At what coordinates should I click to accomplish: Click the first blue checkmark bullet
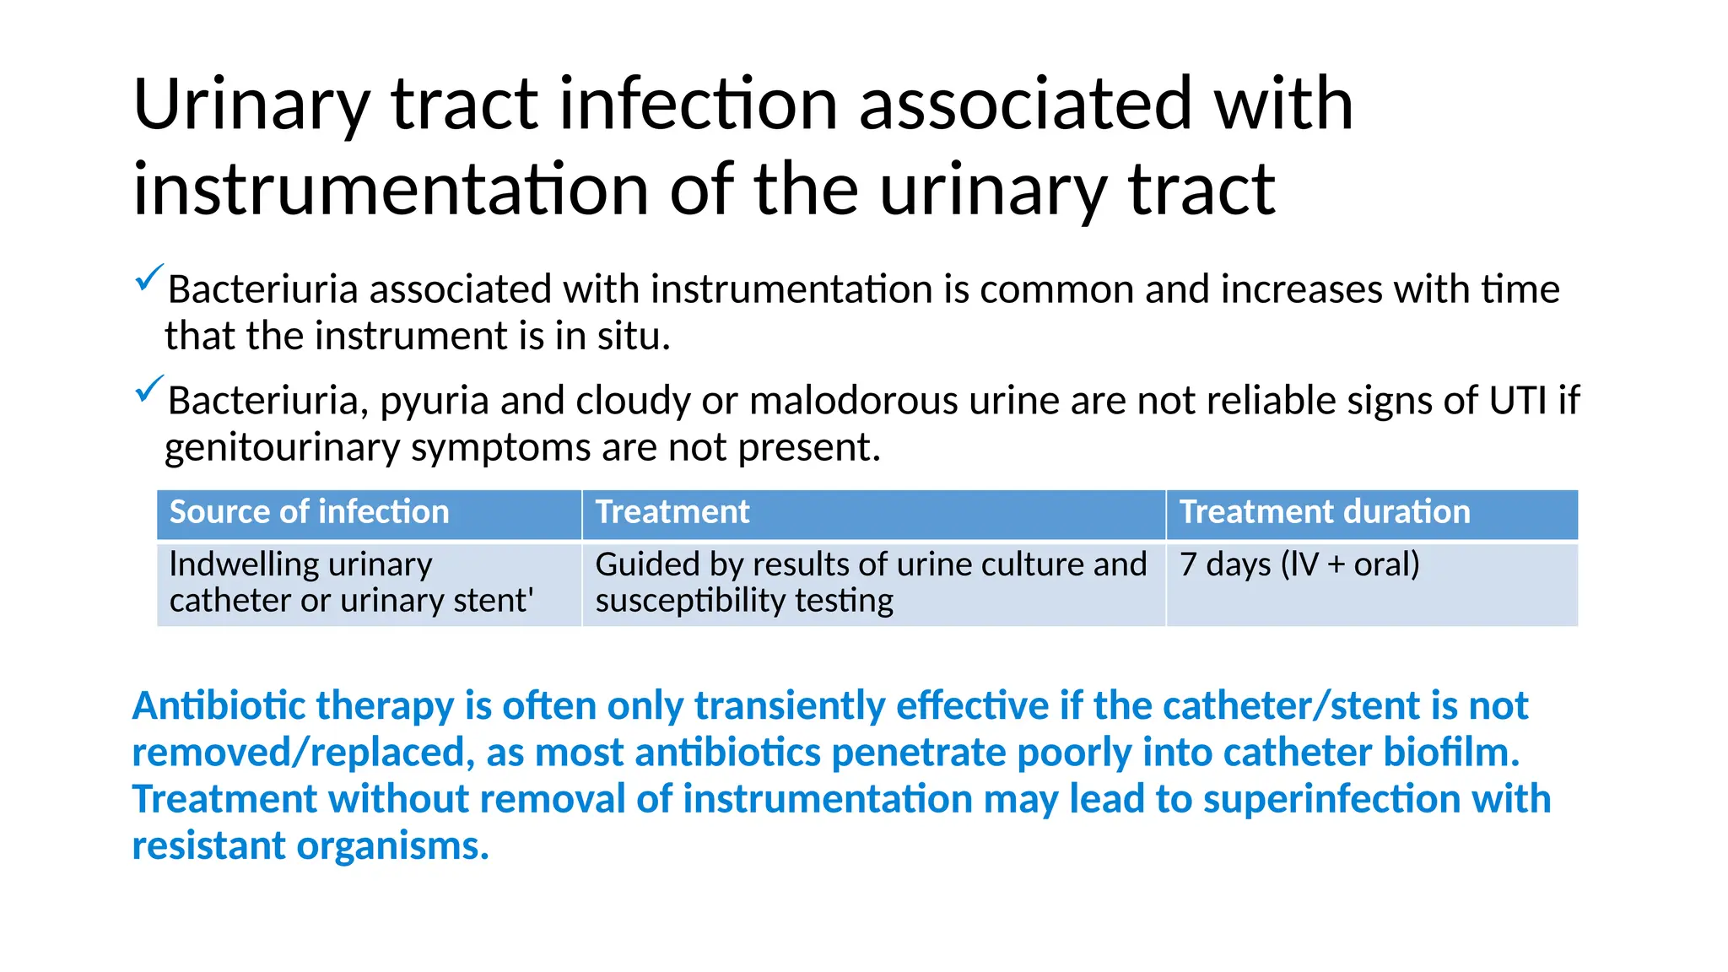148,278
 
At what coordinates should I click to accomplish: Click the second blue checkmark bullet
148,389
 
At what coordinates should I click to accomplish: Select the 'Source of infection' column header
309,512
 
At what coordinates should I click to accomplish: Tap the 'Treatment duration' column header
1324,512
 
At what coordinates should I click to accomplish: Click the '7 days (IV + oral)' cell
1299,564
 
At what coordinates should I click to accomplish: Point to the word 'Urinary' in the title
251,105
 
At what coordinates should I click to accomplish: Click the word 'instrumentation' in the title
391,190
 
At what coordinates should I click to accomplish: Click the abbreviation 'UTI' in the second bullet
1517,401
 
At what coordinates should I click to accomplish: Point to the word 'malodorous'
853,401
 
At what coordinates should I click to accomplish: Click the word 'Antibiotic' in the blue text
219,705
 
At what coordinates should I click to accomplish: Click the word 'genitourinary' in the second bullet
282,448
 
